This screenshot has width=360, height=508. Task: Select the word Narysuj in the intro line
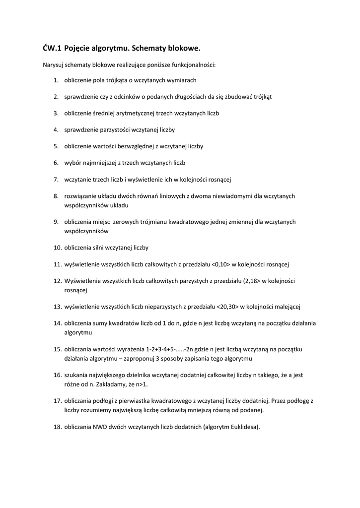(x=53, y=65)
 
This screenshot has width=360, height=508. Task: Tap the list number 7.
(x=56, y=179)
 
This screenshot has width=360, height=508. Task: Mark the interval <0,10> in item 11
(x=221, y=264)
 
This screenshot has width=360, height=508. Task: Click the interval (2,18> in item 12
(x=251, y=281)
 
